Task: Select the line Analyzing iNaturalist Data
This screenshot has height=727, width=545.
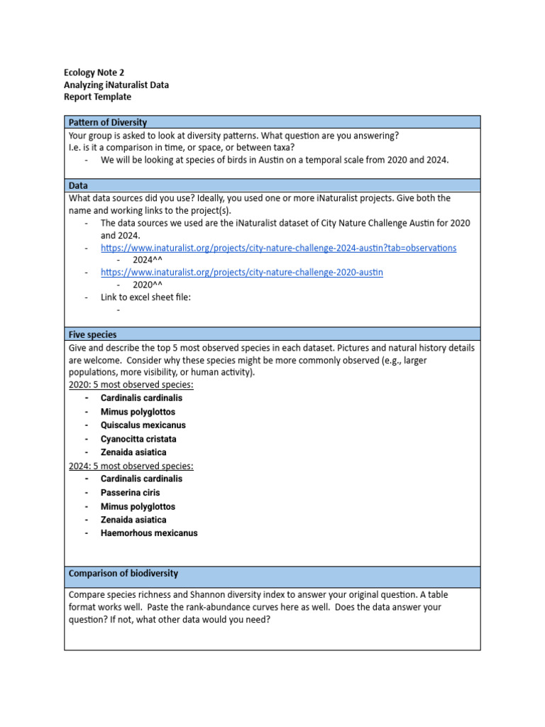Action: (116, 84)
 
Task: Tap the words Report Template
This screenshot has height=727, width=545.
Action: (97, 97)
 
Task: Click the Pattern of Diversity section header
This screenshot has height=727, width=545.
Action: (107, 122)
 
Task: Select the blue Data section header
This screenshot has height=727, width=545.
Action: (78, 185)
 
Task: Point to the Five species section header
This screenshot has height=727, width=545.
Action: (92, 334)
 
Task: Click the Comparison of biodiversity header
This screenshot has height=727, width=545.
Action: (123, 573)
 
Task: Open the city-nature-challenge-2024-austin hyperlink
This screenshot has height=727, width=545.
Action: (278, 248)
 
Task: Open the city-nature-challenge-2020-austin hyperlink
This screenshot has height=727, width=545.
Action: (241, 273)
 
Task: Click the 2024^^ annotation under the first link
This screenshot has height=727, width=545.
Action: (147, 261)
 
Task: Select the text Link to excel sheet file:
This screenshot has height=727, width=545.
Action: (145, 297)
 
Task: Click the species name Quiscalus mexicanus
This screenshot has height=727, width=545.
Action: (143, 425)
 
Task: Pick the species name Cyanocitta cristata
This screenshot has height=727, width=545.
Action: (138, 439)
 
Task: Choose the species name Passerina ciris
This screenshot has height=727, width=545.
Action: (130, 493)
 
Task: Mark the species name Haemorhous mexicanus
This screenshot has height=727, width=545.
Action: (149, 533)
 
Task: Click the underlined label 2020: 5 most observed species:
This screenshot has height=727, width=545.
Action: (131, 385)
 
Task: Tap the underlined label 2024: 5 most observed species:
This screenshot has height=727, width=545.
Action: (131, 466)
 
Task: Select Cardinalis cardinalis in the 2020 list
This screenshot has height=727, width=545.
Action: (141, 398)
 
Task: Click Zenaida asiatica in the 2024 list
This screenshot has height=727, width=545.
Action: (133, 520)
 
